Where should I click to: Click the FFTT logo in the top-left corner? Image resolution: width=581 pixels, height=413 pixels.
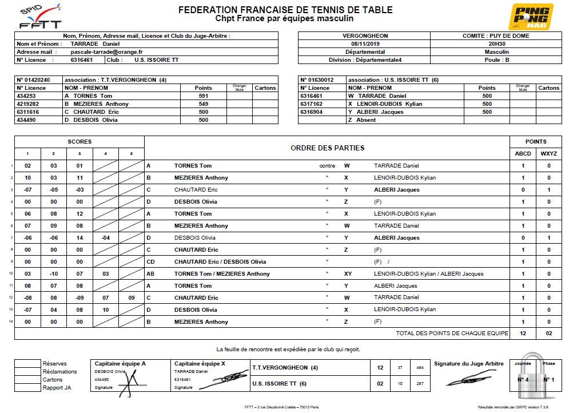click(x=39, y=17)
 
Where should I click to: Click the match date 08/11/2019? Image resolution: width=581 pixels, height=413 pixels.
click(x=364, y=43)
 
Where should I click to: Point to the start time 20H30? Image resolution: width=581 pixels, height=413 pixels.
click(x=496, y=43)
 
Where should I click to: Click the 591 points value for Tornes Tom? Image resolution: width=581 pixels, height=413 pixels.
click(x=203, y=96)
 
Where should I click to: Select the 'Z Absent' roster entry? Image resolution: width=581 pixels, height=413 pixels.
click(x=362, y=120)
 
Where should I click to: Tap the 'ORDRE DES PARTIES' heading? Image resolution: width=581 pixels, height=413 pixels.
click(x=327, y=148)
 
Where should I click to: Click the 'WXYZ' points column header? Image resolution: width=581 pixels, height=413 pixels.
click(x=549, y=153)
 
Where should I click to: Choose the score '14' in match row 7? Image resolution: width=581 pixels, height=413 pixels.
click(x=79, y=237)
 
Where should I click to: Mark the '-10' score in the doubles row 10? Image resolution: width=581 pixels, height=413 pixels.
click(x=53, y=274)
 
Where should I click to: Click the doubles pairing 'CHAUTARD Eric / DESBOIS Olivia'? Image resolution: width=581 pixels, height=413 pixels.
click(x=220, y=262)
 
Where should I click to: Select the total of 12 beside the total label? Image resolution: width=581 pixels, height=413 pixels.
click(x=523, y=333)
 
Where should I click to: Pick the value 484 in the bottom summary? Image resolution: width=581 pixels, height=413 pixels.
click(x=420, y=368)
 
